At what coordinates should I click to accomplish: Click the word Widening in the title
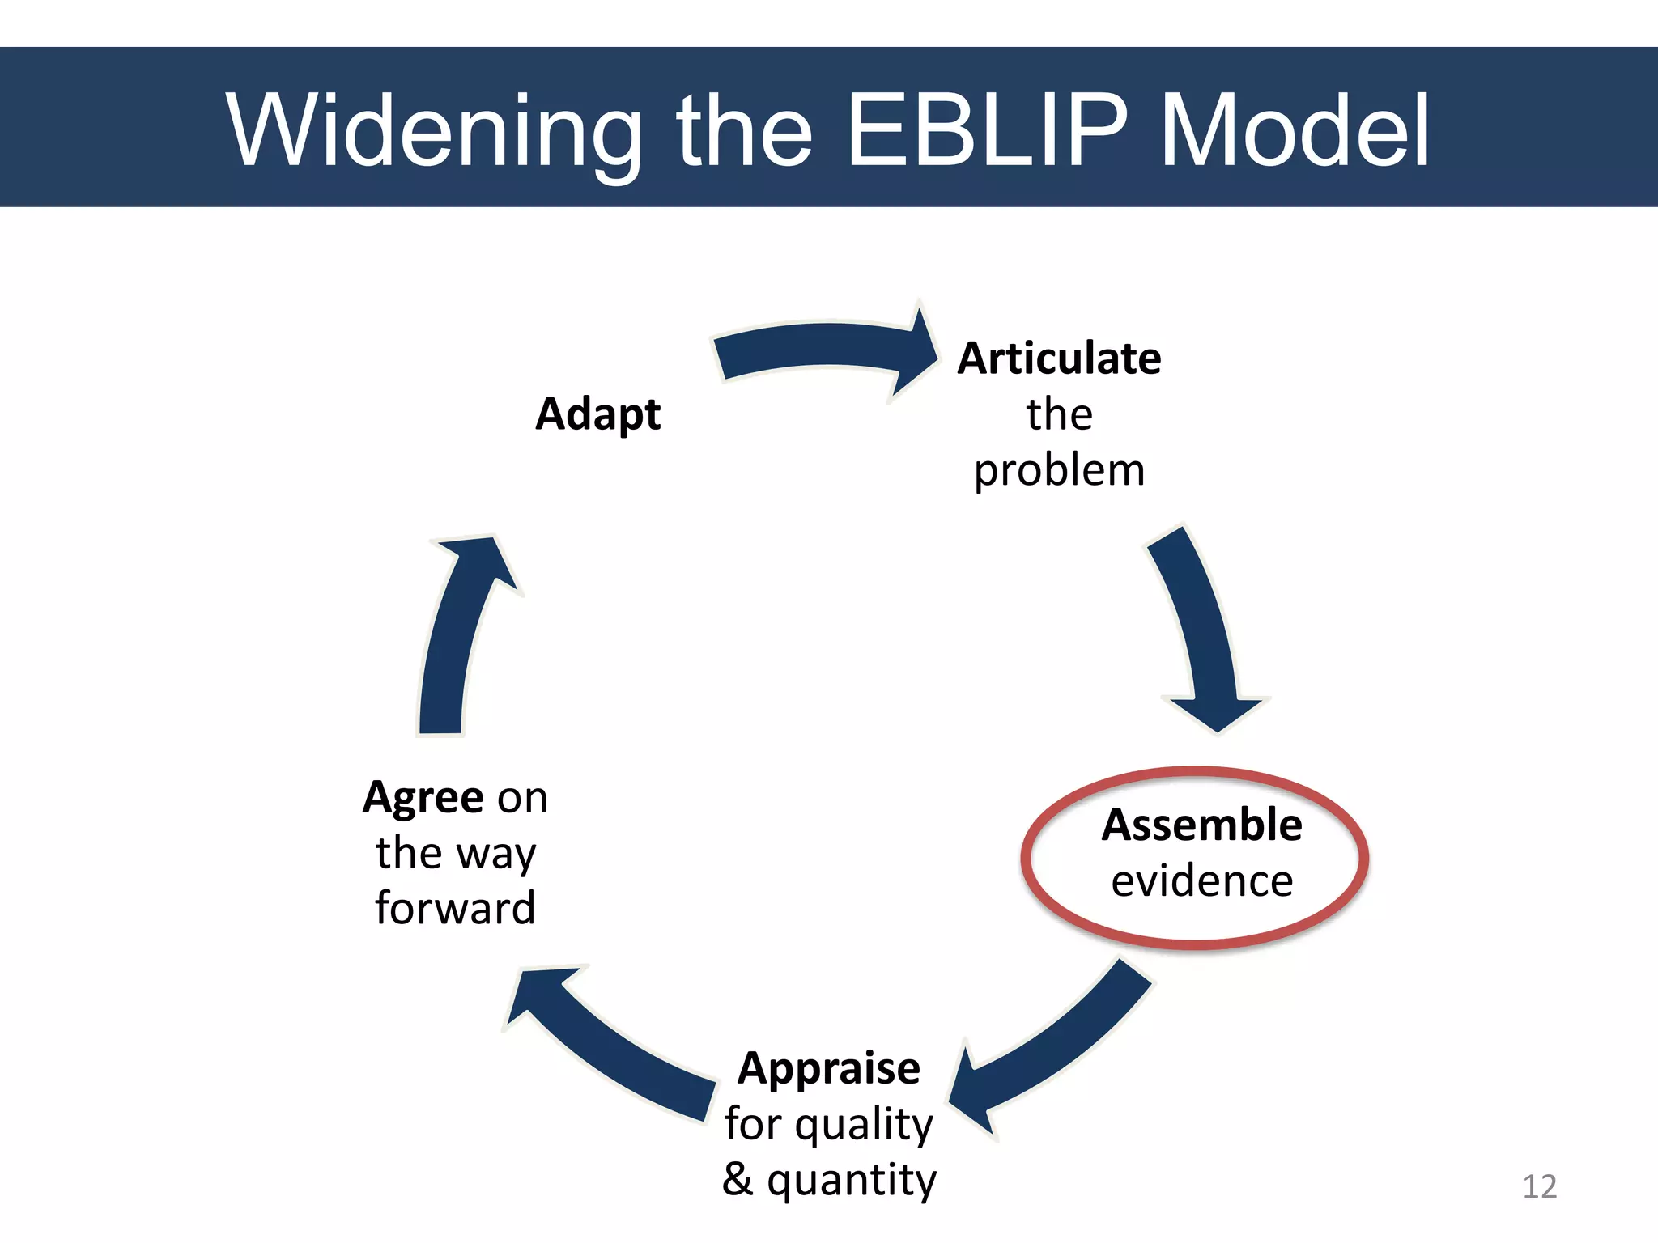pyautogui.click(x=434, y=131)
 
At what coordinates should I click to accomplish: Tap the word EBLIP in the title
pyautogui.click(x=986, y=131)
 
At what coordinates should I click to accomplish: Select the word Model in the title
pyautogui.click(x=1295, y=131)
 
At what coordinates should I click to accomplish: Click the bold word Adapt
pyautogui.click(x=597, y=414)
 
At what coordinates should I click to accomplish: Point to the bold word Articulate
pyautogui.click(x=1059, y=358)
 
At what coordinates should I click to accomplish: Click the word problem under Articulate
pyautogui.click(x=1059, y=471)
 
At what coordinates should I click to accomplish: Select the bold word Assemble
pyautogui.click(x=1201, y=825)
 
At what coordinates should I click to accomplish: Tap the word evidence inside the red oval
pyautogui.click(x=1201, y=881)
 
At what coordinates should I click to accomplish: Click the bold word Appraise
pyautogui.click(x=828, y=1068)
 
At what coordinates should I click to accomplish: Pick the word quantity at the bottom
pyautogui.click(x=852, y=1180)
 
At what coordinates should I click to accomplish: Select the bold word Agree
pyautogui.click(x=423, y=798)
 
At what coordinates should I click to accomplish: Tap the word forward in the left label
pyautogui.click(x=455, y=908)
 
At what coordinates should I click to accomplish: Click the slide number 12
pyautogui.click(x=1539, y=1186)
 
